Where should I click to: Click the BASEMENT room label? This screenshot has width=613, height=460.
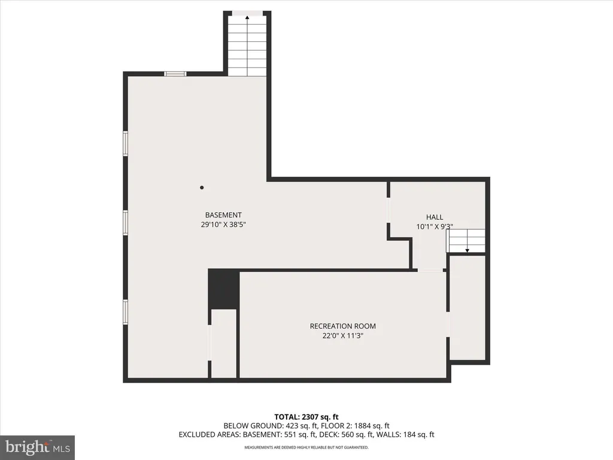223,215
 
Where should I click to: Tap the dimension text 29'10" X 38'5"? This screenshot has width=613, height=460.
223,225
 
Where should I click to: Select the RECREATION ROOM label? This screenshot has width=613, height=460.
342,326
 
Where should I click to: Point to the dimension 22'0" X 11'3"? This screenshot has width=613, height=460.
342,336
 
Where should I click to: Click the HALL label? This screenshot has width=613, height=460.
435,217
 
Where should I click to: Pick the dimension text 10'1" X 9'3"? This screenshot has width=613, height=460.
435,227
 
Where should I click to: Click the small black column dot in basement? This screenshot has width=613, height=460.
202,187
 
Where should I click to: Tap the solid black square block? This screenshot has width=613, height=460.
223,289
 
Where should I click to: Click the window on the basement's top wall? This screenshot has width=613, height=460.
175,74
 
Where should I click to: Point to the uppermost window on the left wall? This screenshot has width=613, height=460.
126,144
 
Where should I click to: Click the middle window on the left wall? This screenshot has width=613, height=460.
126,222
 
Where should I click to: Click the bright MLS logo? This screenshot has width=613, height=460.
37,447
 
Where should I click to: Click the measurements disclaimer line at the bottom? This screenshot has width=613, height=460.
306,447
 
